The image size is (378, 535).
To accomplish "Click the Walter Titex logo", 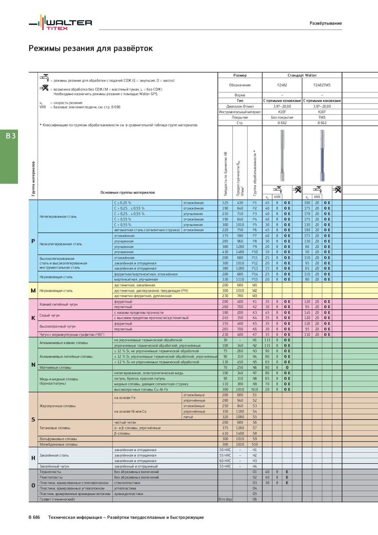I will (x=60, y=24).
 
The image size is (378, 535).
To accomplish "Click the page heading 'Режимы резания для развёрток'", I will (x=91, y=48).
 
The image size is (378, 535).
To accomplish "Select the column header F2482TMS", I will (x=322, y=85).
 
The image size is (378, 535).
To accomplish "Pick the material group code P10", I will (x=255, y=252).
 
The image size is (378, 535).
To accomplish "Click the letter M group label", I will (x=33, y=290).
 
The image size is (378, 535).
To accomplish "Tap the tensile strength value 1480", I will (x=240, y=252).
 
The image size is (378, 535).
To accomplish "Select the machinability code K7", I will (x=255, y=334).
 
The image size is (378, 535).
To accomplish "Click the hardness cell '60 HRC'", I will (x=225, y=460).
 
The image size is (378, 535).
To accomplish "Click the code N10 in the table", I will (x=255, y=389).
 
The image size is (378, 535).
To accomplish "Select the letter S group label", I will (x=33, y=420).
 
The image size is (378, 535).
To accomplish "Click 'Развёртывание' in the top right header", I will (x=326, y=23).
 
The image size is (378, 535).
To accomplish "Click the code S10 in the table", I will (x=255, y=444).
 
